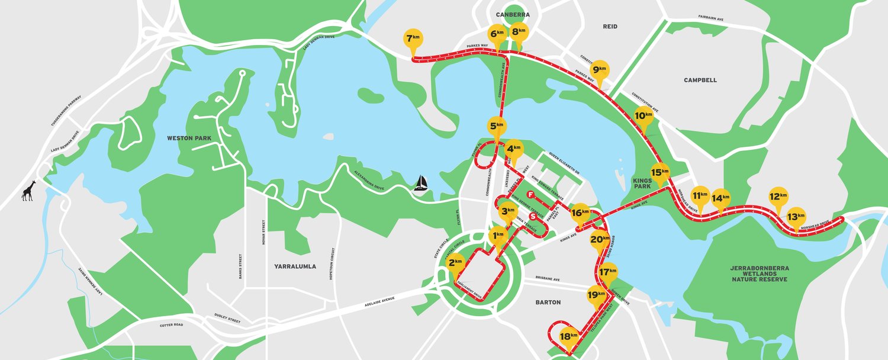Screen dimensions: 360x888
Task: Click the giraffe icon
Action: click(x=28, y=191)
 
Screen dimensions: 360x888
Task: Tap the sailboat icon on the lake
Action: click(x=421, y=183)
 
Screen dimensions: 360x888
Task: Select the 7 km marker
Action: click(x=413, y=40)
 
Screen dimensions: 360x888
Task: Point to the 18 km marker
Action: click(x=568, y=336)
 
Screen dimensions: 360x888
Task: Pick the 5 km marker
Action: click(x=497, y=126)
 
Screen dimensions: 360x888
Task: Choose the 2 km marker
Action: click(x=455, y=263)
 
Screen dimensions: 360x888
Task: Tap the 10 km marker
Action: click(x=644, y=115)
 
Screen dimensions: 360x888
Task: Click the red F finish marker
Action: click(x=531, y=195)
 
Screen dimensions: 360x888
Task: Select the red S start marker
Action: click(x=533, y=216)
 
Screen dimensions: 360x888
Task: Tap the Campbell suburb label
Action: click(x=700, y=80)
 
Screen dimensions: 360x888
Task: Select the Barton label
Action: click(x=548, y=302)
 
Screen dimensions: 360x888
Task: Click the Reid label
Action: click(x=610, y=27)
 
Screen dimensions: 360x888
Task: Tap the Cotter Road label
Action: click(x=172, y=325)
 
